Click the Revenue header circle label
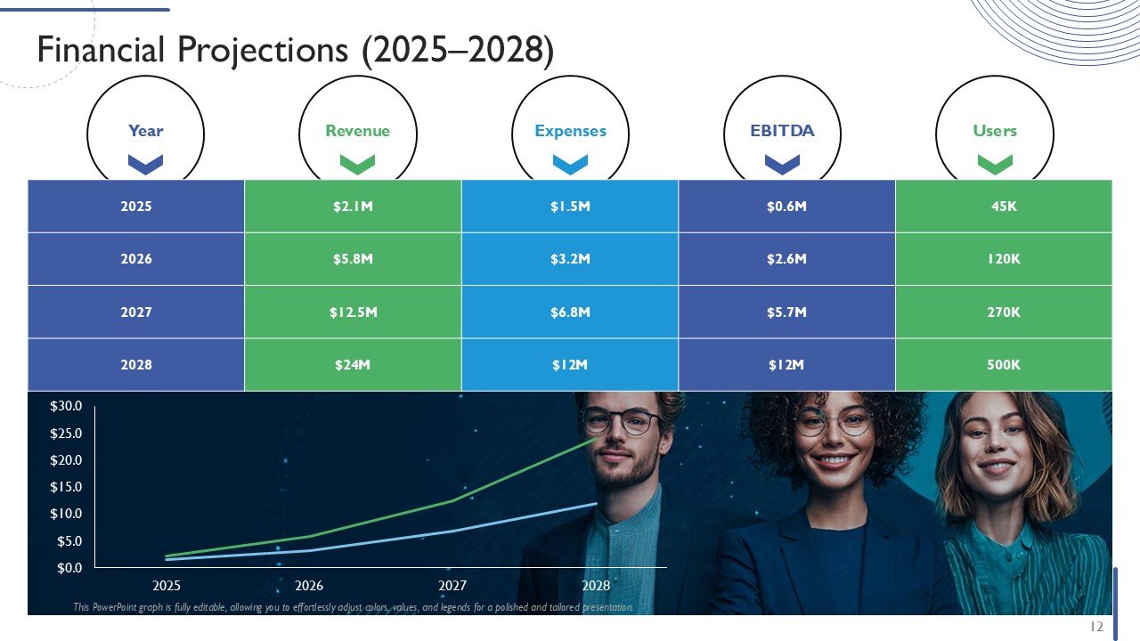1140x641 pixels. pyautogui.click(x=357, y=131)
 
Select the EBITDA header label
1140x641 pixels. pyautogui.click(x=782, y=131)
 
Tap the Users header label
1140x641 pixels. pyautogui.click(x=995, y=131)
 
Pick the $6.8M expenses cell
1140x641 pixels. pyautogui.click(x=570, y=312)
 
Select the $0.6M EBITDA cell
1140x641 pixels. pyautogui.click(x=786, y=207)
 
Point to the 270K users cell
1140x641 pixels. pyautogui.click(x=1004, y=312)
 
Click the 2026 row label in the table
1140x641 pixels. pyautogui.click(x=136, y=259)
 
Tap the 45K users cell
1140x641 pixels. pyautogui.click(x=1004, y=207)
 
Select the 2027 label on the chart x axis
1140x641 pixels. pyautogui.click(x=452, y=586)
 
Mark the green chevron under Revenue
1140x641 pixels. pyautogui.click(x=357, y=164)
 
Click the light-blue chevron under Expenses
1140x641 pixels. pyautogui.click(x=570, y=164)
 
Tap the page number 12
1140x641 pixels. pyautogui.click(x=1096, y=627)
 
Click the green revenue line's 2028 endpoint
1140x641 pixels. pyautogui.click(x=596, y=439)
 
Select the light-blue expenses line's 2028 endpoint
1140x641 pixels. pyautogui.click(x=596, y=504)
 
